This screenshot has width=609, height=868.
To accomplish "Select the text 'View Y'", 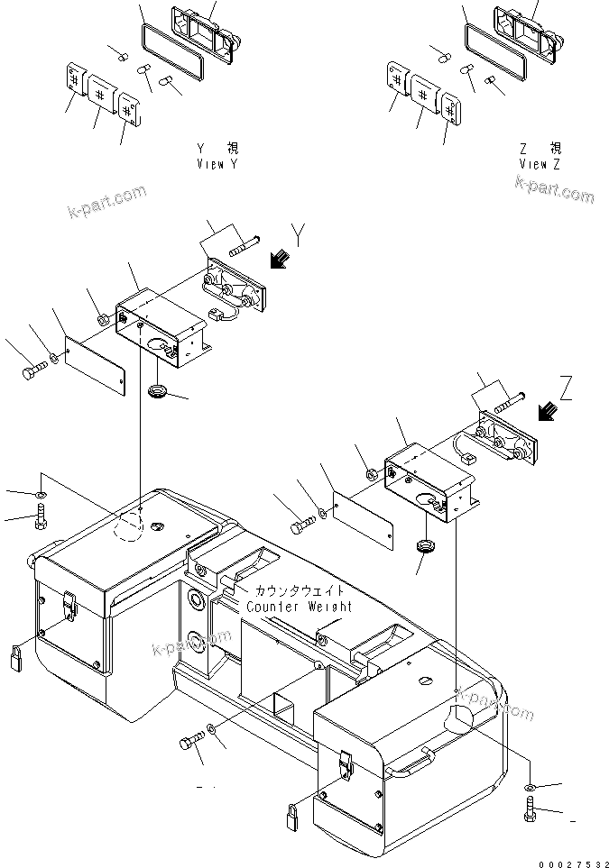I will (217, 165).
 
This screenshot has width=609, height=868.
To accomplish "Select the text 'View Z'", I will (540, 165).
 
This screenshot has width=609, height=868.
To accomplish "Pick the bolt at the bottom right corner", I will (530, 809).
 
